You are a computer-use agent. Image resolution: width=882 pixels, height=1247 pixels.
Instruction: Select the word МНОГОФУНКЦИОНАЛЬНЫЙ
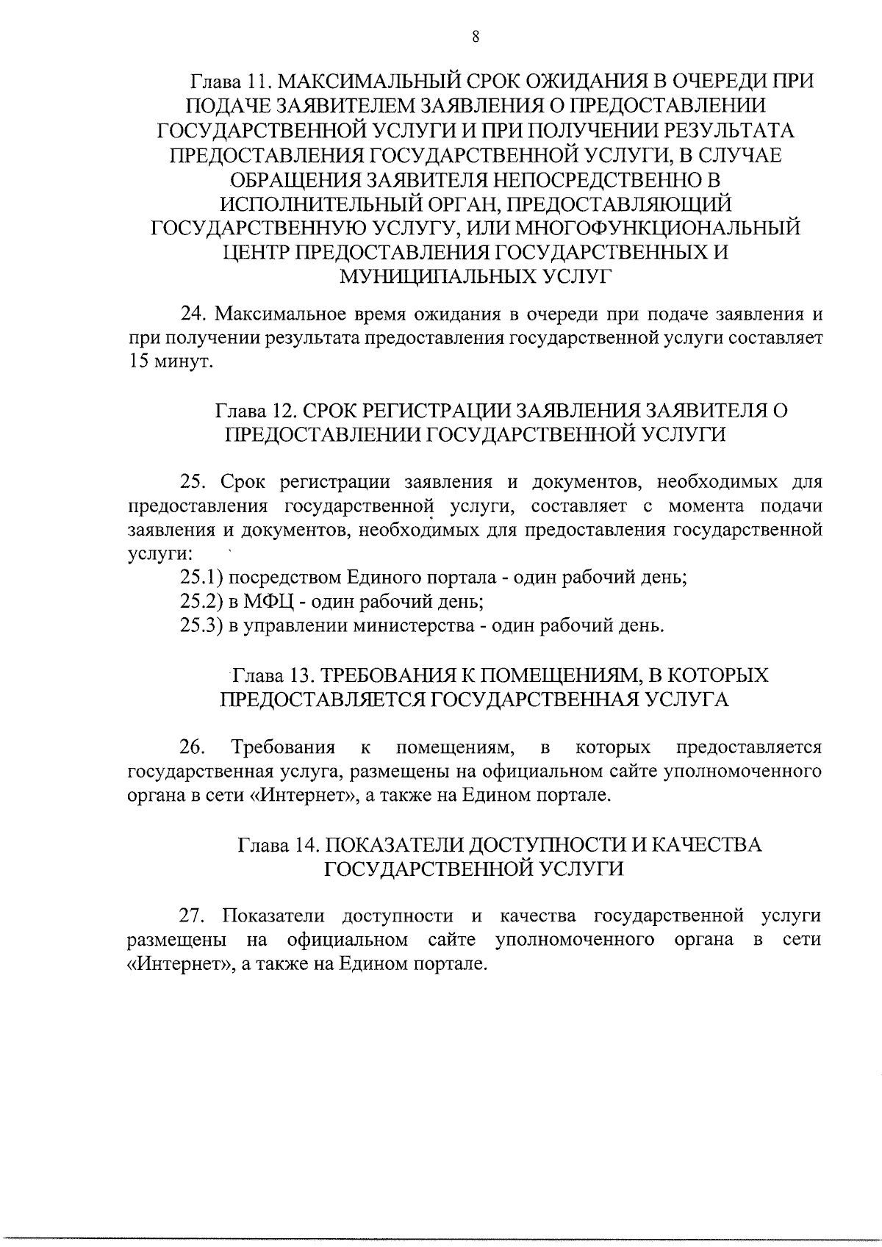pos(672,228)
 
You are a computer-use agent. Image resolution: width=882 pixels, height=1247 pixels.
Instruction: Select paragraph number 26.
pos(192,747)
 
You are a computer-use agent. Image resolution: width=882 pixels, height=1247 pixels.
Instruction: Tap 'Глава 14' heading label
pos(276,844)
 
